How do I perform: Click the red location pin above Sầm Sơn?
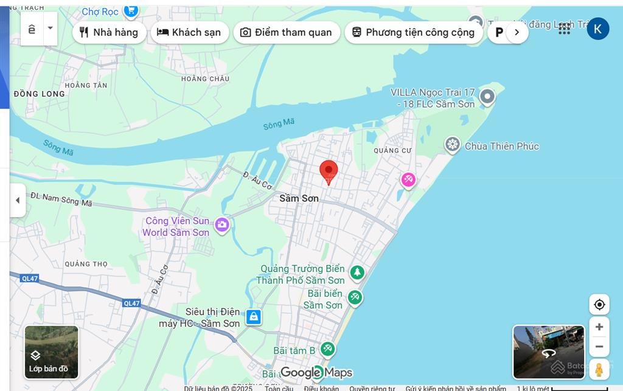coord(329,171)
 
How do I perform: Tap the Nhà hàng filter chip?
coord(110,32)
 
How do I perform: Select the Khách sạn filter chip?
coord(189,32)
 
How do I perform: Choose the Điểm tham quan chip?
coord(287,32)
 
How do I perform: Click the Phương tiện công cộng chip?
coord(413,32)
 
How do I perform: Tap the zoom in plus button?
coord(599,327)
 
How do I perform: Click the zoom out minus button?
coord(599,347)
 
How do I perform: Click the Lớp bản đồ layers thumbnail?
coord(52,352)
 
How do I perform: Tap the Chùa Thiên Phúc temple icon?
coord(452,145)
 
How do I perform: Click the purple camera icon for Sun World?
coord(222,225)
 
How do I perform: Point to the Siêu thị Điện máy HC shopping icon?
coord(253,317)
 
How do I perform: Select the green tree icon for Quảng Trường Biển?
coord(357,272)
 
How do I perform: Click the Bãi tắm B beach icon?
coord(328,348)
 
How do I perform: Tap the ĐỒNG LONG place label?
coord(39,94)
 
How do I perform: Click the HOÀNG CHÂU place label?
coord(205,78)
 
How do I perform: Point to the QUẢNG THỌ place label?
coord(86,264)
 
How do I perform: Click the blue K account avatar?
coord(597,29)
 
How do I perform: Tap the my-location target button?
coord(599,305)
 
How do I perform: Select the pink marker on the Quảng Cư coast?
coord(408,179)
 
